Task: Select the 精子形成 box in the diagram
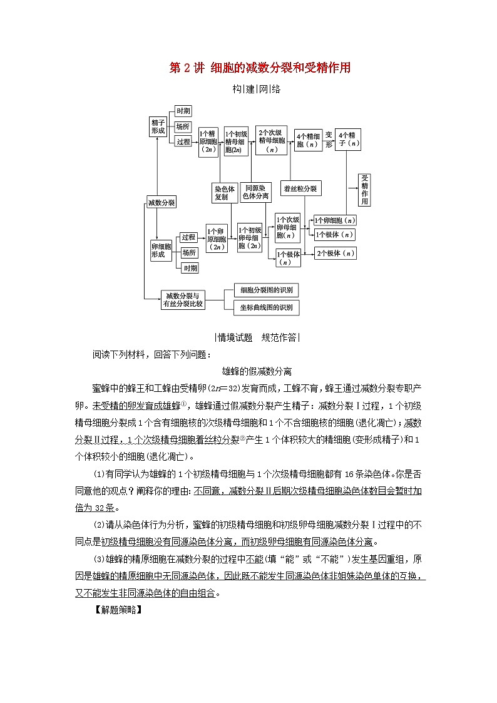pos(158,126)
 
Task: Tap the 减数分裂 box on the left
pos(161,202)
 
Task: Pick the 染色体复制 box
pos(223,192)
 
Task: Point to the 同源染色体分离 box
pos(257,192)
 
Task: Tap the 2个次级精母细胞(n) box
pos(271,141)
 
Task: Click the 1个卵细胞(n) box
pos(334,220)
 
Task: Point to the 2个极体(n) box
pos(336,254)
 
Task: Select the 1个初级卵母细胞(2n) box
pos(250,238)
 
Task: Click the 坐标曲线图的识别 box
pos(266,307)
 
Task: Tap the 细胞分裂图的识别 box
pos(266,290)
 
